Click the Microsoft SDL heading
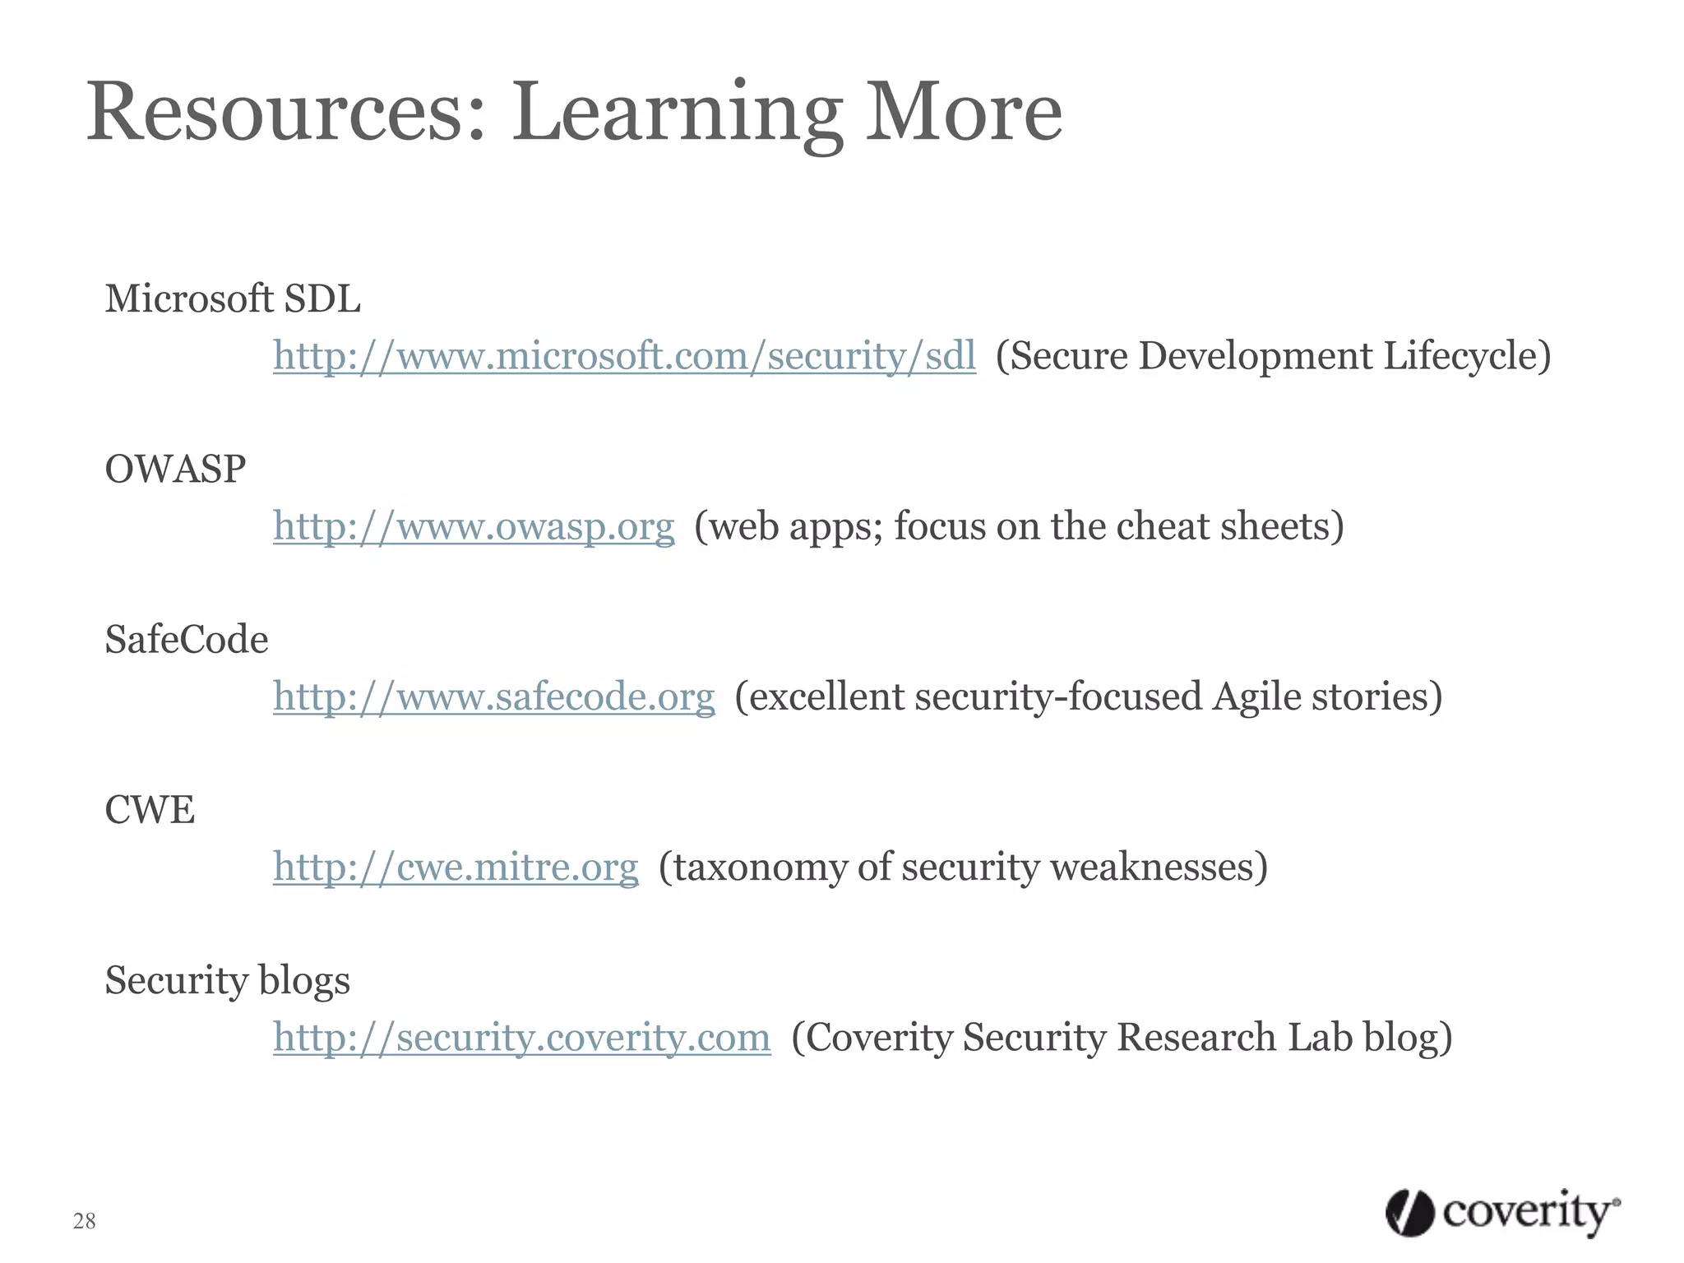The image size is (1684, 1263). click(233, 298)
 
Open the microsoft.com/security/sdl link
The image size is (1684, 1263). click(624, 356)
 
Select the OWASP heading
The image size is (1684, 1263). click(175, 470)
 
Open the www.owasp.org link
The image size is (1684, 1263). click(474, 526)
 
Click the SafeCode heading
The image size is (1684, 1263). click(187, 640)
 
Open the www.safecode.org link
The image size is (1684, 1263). click(494, 696)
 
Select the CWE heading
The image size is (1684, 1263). click(150, 810)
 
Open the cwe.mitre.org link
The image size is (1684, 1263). click(456, 867)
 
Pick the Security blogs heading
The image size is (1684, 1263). click(228, 980)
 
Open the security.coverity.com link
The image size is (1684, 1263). click(522, 1037)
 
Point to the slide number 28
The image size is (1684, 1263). click(85, 1221)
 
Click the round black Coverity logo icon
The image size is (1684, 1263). click(1409, 1213)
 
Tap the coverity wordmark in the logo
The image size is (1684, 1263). click(1529, 1213)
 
